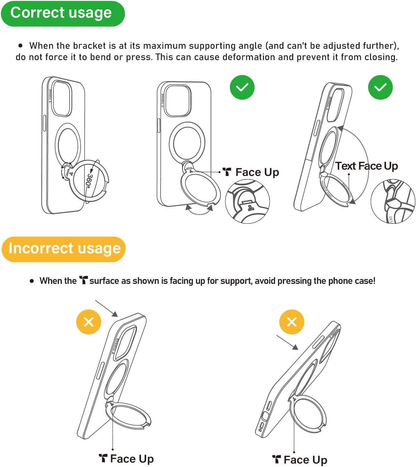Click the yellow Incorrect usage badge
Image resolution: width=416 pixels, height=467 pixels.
coord(64,249)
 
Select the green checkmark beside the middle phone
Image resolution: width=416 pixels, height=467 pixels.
coord(242,87)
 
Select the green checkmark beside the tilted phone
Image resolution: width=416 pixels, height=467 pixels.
coord(380,87)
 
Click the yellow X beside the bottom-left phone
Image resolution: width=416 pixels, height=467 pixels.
coord(88,322)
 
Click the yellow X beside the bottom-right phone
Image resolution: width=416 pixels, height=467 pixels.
coord(292,322)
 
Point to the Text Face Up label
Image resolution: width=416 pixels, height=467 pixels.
coord(366,166)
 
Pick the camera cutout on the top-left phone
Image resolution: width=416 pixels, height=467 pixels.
coord(61,98)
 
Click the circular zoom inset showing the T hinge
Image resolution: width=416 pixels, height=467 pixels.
coord(248,201)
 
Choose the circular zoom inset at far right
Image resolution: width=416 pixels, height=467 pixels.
coord(393,201)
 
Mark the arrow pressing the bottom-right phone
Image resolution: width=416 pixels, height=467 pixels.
coord(287,342)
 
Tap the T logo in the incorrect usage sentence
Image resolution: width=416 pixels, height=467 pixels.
coord(83,280)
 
